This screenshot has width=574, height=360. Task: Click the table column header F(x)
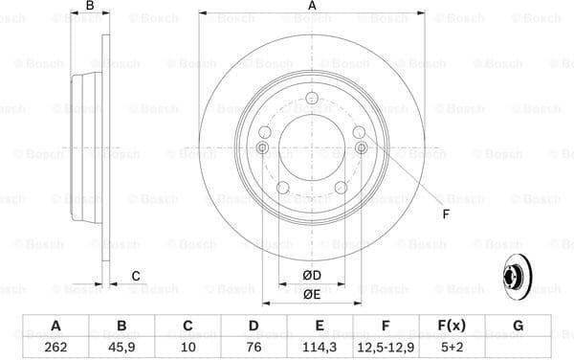(452, 326)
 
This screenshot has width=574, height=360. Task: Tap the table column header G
(518, 326)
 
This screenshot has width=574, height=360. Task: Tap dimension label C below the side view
(136, 276)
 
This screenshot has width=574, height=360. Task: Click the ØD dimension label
(312, 276)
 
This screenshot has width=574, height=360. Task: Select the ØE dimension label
(312, 295)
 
